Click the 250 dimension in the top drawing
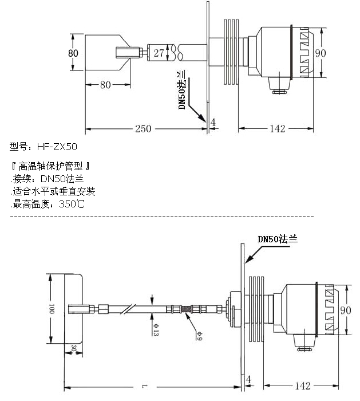point(143,128)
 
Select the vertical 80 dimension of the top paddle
point(73,53)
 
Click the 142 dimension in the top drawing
point(276,128)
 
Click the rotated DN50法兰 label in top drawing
point(182,91)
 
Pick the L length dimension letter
point(144,388)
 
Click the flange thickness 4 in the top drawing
point(212,123)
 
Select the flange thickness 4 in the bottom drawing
point(248,379)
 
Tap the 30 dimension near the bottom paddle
point(74,348)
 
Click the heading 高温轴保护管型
point(52,167)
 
